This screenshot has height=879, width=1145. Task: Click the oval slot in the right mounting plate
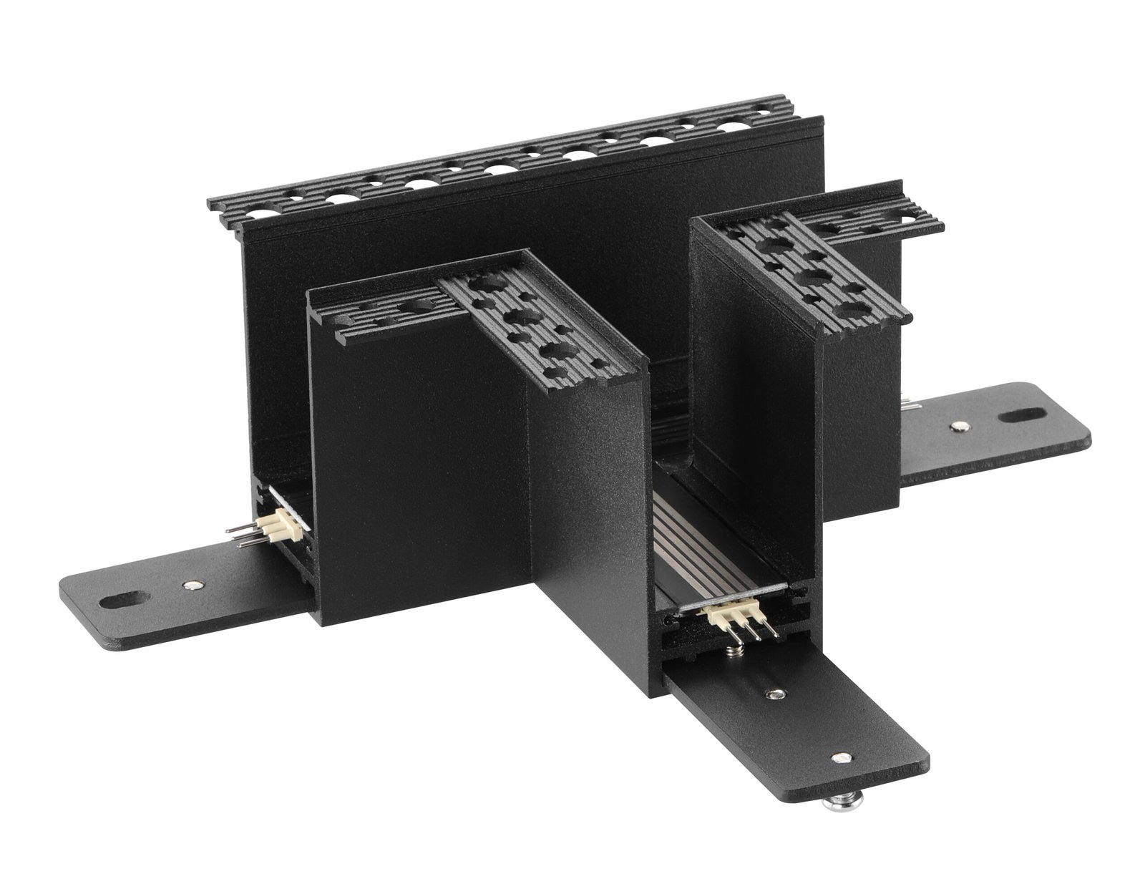tap(1020, 415)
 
